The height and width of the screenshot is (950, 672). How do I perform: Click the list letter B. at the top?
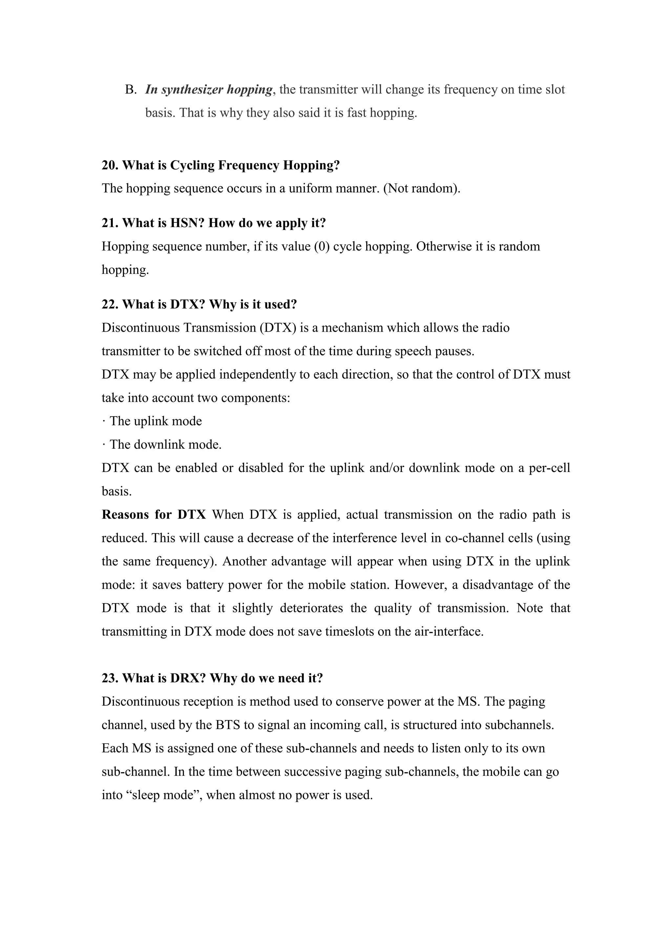131,90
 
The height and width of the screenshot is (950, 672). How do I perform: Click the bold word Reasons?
126,514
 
